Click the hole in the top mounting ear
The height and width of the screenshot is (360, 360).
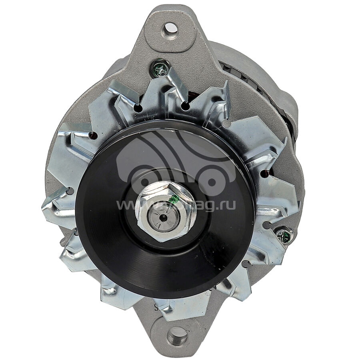pyautogui.click(x=170, y=28)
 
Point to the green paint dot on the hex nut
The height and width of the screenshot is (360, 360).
pyautogui.click(x=173, y=199)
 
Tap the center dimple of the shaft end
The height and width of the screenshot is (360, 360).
pyautogui.click(x=163, y=217)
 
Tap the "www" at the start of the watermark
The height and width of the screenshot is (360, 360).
pyautogui.click(x=126, y=205)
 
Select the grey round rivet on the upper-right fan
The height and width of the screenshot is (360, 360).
pyautogui.click(x=226, y=124)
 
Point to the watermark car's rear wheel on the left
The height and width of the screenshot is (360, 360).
pyautogui.click(x=138, y=180)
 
